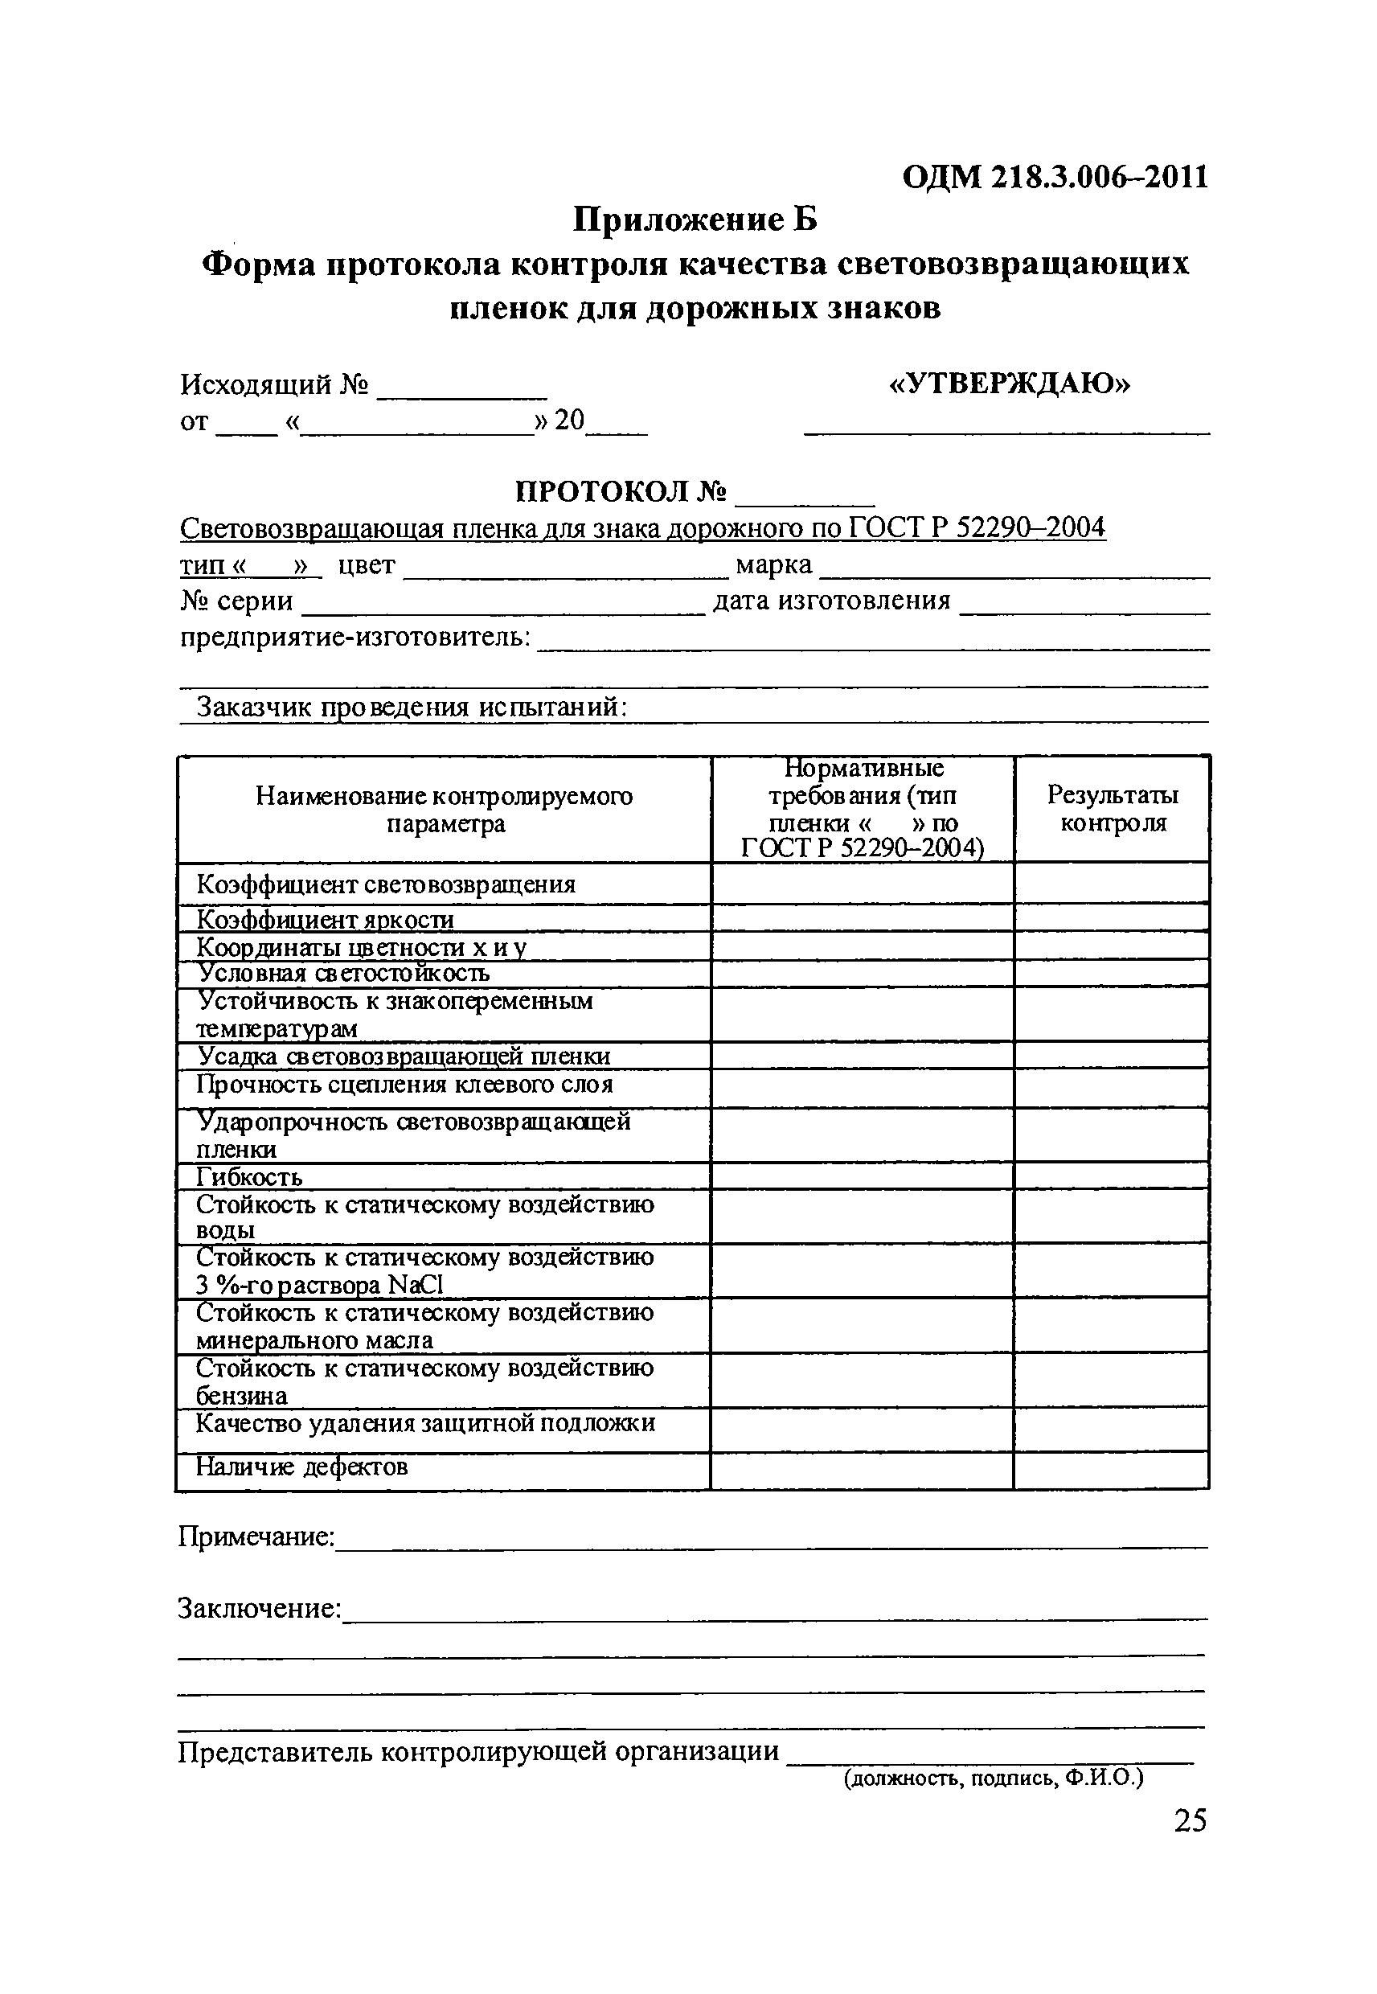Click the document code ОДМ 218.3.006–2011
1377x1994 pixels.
[x=1055, y=177]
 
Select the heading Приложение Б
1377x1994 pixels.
[x=695, y=220]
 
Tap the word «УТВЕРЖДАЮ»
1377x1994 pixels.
[x=1009, y=383]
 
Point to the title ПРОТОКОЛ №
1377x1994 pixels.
[x=621, y=492]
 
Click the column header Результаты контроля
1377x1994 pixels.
[x=1112, y=809]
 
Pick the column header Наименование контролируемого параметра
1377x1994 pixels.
[x=445, y=809]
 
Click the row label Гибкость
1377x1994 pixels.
[x=249, y=1177]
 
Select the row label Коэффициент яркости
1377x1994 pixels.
[x=326, y=919]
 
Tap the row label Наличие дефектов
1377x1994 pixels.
[x=301, y=1467]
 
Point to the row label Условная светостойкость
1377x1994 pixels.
[x=343, y=973]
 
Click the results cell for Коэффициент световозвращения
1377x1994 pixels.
[x=1111, y=884]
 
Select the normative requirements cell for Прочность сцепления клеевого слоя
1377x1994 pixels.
[x=862, y=1088]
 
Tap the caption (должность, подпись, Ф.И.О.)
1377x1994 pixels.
[x=993, y=1778]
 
